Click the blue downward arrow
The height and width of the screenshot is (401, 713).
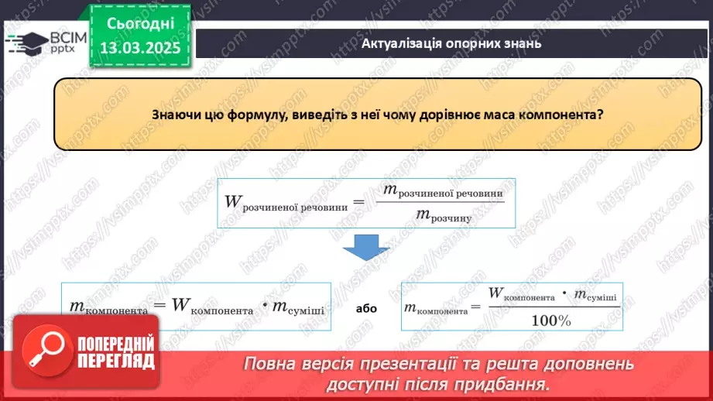[366, 247]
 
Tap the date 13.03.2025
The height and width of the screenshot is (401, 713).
[140, 48]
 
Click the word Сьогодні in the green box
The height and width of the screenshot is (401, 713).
[140, 24]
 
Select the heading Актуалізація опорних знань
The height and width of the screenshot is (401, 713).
[451, 43]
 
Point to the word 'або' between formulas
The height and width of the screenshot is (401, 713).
[366, 309]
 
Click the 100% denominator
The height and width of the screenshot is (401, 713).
[551, 321]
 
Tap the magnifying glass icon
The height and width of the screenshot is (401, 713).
[46, 350]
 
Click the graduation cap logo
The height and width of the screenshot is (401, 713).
[26, 43]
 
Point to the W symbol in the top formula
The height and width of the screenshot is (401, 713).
[233, 201]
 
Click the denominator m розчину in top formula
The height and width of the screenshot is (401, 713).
[444, 215]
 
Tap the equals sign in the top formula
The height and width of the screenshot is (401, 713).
[358, 202]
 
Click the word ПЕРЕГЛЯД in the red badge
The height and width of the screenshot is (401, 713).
[116, 361]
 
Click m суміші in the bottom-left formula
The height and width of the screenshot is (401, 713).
[298, 308]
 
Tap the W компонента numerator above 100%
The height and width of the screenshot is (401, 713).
[522, 293]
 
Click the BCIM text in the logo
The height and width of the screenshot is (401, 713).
[68, 38]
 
